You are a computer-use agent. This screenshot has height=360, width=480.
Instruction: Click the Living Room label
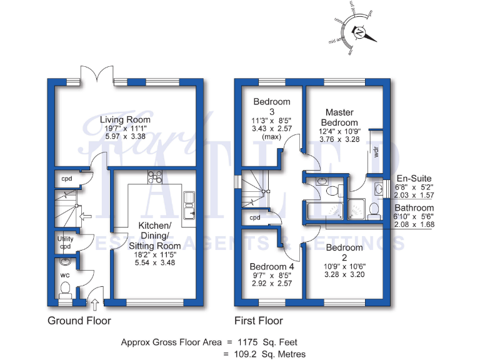click(x=125, y=120)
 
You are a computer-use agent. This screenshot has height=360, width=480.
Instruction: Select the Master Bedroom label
click(x=340, y=117)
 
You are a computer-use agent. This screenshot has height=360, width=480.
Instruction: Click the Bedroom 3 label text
click(x=271, y=106)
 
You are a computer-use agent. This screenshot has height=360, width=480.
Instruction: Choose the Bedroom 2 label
click(x=343, y=252)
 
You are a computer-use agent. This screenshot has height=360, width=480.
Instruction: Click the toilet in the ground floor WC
click(x=64, y=289)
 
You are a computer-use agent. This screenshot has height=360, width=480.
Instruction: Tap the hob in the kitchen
click(x=154, y=177)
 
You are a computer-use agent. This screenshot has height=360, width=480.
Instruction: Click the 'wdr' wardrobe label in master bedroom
click(x=377, y=152)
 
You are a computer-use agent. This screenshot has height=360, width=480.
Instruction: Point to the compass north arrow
click(x=362, y=33)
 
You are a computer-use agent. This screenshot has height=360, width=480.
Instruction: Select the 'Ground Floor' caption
click(x=79, y=321)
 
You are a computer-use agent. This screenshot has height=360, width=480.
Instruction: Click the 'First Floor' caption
click(x=258, y=321)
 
